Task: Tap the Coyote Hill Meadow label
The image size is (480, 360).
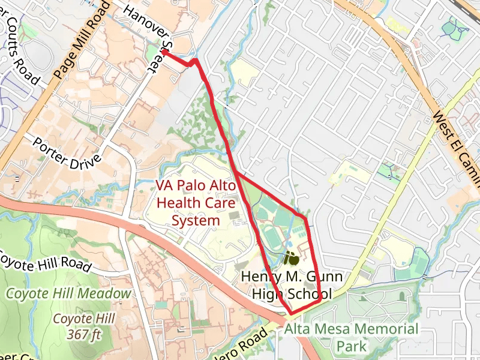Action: point(68,293)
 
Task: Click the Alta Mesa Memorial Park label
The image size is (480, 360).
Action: point(351,337)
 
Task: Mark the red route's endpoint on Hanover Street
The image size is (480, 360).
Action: point(164,53)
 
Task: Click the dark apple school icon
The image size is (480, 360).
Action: point(292,259)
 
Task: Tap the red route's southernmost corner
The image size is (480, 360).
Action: point(292,313)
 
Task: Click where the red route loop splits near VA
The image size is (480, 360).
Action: point(237,173)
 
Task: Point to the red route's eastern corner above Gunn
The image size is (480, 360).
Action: point(305,217)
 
